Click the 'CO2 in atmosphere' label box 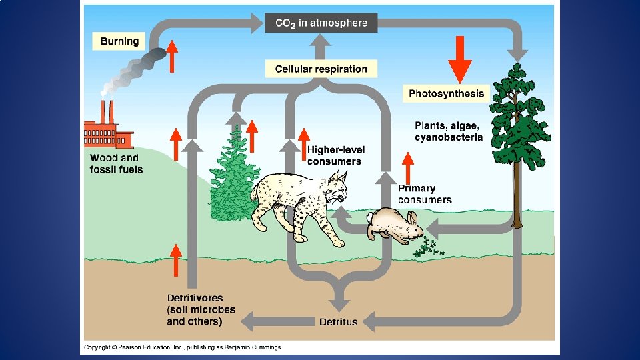coord(321,23)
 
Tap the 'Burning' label coord(120,41)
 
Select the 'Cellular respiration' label coord(321,69)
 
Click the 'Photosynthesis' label coord(446,93)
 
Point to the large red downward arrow coord(459,60)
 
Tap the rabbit coord(395,225)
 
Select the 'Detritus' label coord(338,322)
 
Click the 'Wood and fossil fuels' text coord(115,163)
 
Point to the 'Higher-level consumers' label coord(336,155)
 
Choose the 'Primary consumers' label coord(425,194)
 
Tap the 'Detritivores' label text coord(195,298)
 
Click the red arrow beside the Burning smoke coord(172,55)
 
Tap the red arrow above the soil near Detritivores coord(175,259)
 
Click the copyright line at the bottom coord(183,347)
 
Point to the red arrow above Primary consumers coord(407,167)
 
